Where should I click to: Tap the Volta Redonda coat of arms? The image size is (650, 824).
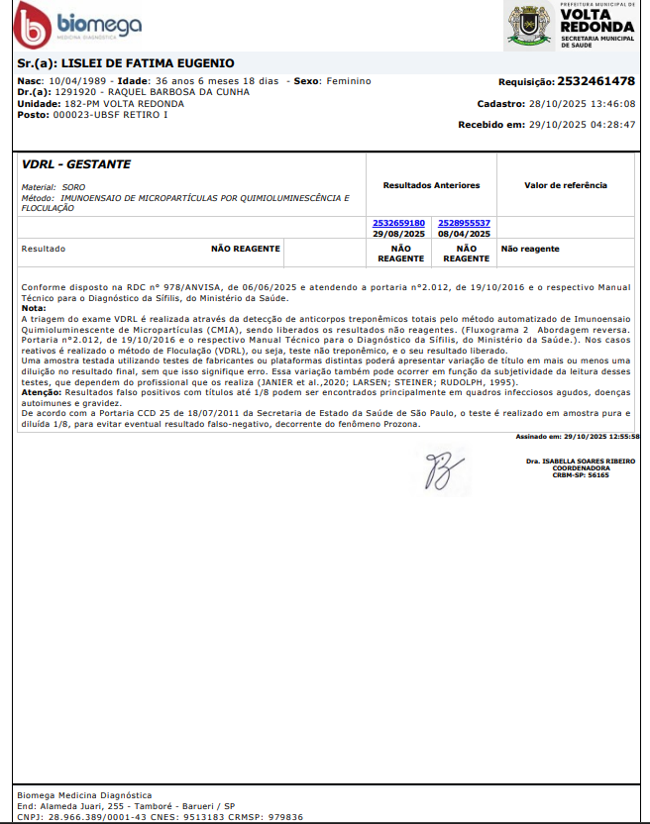[529, 25]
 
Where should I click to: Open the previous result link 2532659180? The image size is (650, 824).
[399, 223]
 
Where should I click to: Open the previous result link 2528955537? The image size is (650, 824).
[465, 223]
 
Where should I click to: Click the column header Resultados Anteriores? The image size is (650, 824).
[431, 185]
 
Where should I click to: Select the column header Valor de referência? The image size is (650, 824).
[566, 185]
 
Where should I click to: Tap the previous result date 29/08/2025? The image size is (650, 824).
[399, 234]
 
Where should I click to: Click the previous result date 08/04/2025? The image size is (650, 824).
[465, 234]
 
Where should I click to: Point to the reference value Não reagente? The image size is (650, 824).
[530, 249]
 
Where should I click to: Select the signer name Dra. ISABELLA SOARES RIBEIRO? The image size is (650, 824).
[582, 462]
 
